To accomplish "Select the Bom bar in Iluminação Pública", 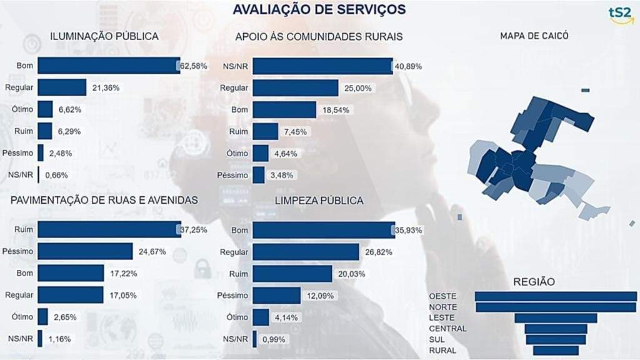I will [109, 66].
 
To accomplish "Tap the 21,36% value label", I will [105, 88].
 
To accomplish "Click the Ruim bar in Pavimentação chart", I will [109, 229].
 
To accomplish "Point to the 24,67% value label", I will [152, 252].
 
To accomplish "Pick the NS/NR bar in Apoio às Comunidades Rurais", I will [322, 66].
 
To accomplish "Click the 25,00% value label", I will [357, 88].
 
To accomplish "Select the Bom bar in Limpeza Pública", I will [324, 230].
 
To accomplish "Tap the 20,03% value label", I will [351, 274].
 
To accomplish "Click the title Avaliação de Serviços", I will [319, 9].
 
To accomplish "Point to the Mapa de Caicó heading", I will [534, 36].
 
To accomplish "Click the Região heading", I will [533, 282].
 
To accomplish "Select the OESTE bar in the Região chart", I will [556, 296].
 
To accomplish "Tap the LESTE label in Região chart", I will [442, 317].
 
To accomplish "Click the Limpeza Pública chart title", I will [319, 201].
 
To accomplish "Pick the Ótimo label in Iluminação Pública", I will [22, 109].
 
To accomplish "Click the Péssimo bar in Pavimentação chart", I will [85, 251].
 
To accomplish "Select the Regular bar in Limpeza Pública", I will [306, 252].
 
